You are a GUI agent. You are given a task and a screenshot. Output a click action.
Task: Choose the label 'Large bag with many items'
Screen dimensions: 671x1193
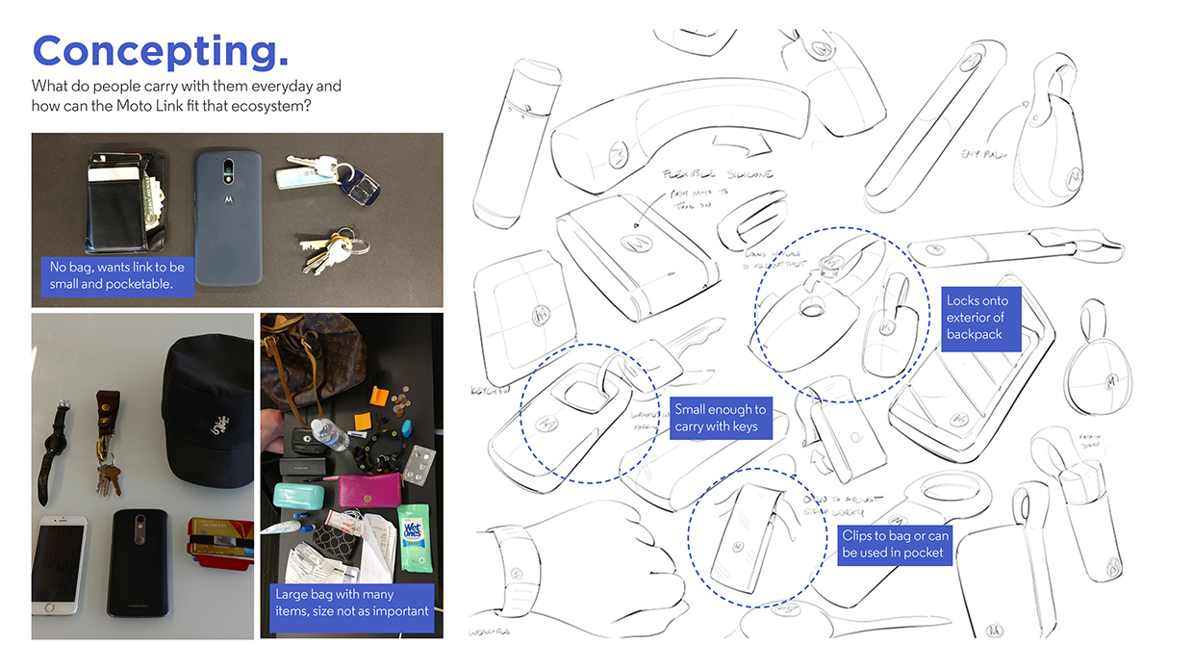[352, 604]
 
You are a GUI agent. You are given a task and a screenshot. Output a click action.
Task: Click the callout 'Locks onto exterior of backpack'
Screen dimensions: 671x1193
[977, 318]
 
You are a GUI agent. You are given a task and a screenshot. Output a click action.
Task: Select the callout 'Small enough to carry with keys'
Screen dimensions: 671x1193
[721, 418]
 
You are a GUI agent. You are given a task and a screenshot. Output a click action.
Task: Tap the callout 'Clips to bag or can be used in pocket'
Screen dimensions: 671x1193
[894, 544]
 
